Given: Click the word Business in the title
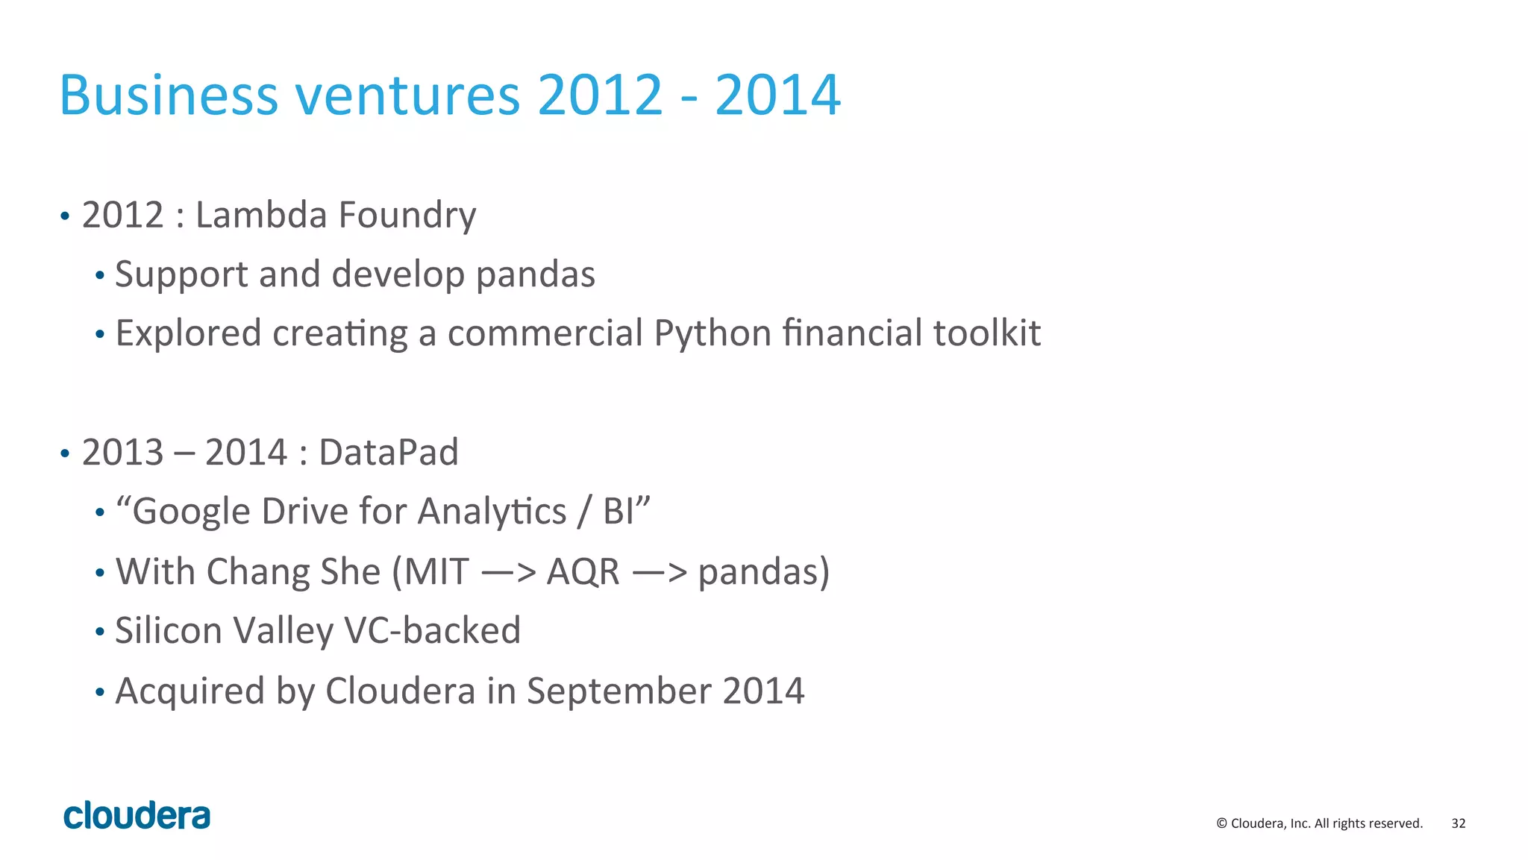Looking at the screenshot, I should coord(169,95).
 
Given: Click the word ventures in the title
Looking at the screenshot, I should coord(407,95).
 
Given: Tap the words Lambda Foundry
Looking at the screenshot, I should coord(336,216).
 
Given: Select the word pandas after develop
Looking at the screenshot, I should coord(535,274).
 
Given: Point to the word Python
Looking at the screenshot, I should coord(712,333).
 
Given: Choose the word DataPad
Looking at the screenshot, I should coord(388,453).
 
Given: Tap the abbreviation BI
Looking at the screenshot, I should coord(618,512).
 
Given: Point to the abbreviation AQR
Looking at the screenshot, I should coord(583,572).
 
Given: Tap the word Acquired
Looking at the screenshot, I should coord(190,691).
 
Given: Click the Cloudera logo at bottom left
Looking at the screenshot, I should coord(137,815).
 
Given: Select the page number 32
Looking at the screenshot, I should coord(1458,823).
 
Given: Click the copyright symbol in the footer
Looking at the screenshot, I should coord(1221,823).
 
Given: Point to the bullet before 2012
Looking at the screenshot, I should coord(65,217).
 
